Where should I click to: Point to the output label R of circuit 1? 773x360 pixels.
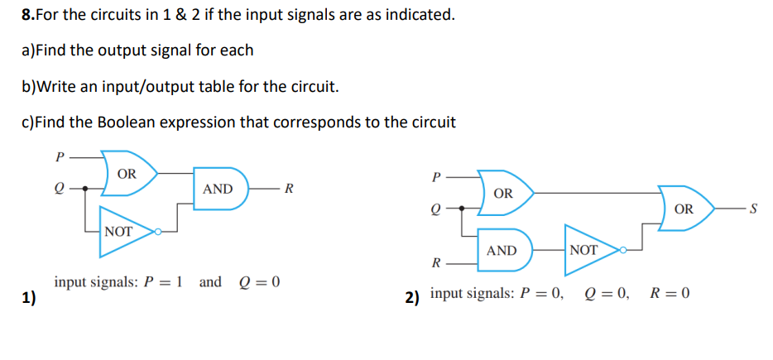(287, 189)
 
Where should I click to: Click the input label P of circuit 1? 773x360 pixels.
(58, 155)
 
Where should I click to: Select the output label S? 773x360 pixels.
(753, 209)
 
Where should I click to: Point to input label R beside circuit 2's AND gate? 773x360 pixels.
(435, 264)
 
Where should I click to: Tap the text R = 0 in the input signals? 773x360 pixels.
(670, 294)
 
